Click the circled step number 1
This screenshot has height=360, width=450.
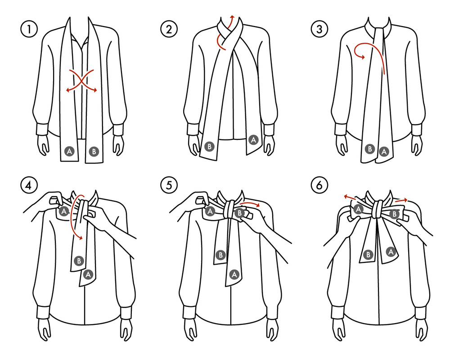click(29, 29)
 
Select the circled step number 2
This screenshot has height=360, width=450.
click(169, 29)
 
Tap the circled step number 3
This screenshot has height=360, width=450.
click(319, 29)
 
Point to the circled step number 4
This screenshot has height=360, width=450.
click(29, 185)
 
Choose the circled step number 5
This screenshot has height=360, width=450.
click(169, 185)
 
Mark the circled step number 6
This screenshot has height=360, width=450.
click(319, 185)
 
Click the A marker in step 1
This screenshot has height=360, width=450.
click(69, 151)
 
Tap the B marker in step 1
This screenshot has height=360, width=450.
click(94, 151)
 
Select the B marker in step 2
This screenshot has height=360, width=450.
click(210, 147)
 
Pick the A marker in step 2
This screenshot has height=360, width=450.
click(253, 140)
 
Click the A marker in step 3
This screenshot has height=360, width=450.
click(384, 151)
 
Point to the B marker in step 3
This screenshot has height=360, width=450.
click(370, 148)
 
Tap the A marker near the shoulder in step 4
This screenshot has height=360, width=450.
click(64, 211)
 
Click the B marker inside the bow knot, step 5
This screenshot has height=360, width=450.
click(239, 213)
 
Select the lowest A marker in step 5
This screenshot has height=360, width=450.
click(234, 275)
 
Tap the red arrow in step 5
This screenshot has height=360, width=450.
click(250, 203)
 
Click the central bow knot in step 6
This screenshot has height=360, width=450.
click(378, 209)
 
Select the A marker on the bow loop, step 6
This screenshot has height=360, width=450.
click(358, 209)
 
